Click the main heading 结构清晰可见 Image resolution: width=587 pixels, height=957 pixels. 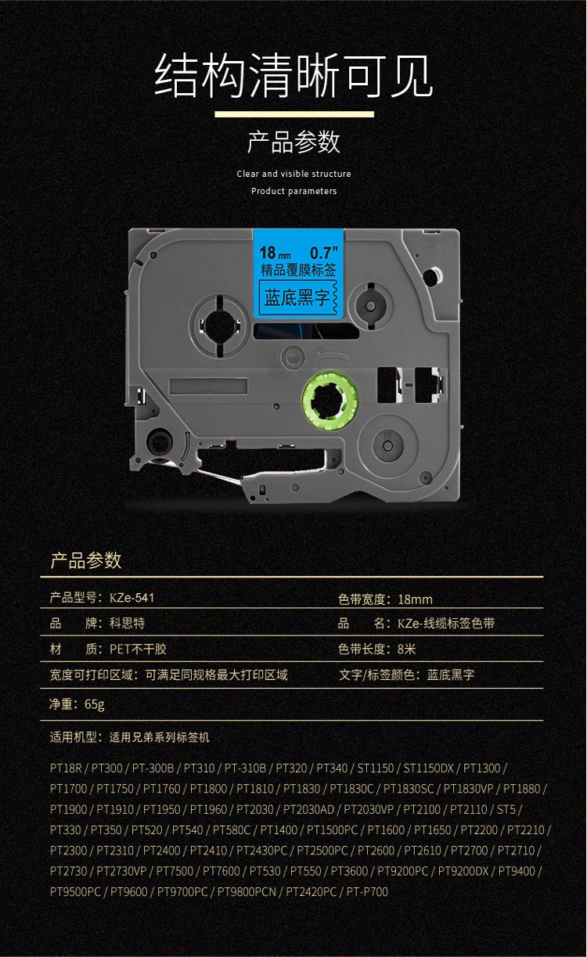(293, 76)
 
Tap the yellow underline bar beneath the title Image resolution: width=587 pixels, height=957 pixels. (293, 114)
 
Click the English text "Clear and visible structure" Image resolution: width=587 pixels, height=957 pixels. (293, 174)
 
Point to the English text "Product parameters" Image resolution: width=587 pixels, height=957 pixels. (293, 191)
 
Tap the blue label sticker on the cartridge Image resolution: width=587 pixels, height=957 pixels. (300, 278)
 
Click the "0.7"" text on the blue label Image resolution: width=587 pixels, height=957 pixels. (323, 252)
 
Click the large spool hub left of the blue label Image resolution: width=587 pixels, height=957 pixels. (216, 323)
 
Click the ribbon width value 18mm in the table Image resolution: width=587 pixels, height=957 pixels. (415, 599)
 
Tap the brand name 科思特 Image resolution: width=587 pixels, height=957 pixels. (127, 624)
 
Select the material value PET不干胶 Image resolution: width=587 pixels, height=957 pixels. (138, 649)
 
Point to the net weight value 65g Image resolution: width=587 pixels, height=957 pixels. (95, 704)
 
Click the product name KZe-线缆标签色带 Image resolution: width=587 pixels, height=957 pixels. (446, 624)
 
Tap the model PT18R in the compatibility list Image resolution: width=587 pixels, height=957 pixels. (67, 768)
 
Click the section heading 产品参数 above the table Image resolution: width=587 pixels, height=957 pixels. (85, 560)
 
